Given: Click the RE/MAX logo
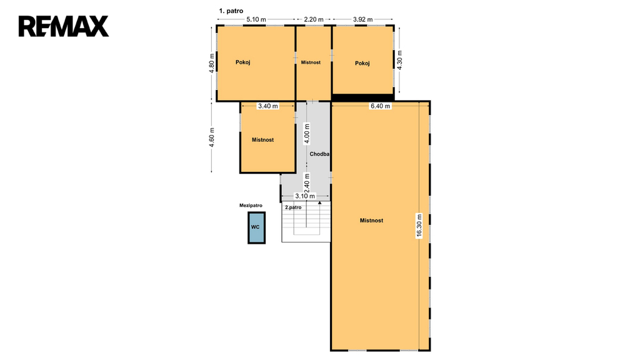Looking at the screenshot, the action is (x=64, y=26).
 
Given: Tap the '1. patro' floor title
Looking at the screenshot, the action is (x=231, y=11).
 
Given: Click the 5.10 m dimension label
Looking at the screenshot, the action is (x=256, y=19).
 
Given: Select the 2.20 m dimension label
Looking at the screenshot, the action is (x=314, y=19).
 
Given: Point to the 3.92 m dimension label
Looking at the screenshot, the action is (x=363, y=19).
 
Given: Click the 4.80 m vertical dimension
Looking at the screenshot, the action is (x=211, y=63).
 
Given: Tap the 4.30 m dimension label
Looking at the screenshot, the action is (x=399, y=60).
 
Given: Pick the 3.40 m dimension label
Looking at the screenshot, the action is (x=267, y=106).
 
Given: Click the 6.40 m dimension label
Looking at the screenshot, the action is (x=380, y=106).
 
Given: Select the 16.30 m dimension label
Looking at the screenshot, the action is (x=419, y=226).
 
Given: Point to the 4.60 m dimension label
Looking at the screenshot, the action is (x=211, y=138).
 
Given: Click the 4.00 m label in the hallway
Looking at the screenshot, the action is (x=307, y=134).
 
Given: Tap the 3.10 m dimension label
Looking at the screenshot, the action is (x=305, y=196).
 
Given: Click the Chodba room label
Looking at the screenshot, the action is (x=319, y=154).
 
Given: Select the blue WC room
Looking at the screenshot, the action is (x=257, y=227).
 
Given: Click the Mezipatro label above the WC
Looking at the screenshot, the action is (x=251, y=206).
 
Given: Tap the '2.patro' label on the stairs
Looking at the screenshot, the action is (x=293, y=207).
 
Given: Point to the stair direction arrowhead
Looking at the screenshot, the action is (x=319, y=202).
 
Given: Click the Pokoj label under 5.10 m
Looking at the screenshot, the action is (x=243, y=62).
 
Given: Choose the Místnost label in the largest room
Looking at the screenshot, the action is (x=371, y=221).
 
